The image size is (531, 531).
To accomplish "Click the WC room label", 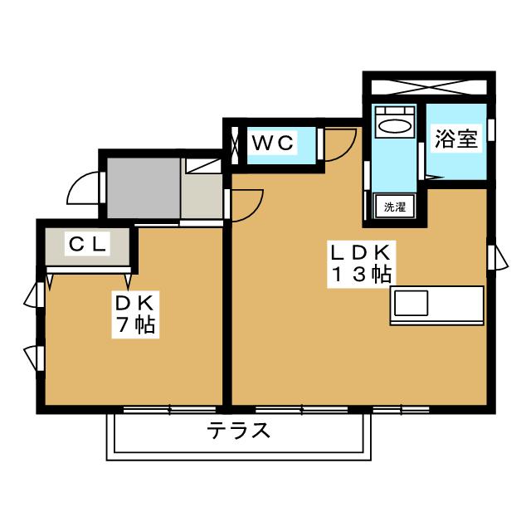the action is [273, 143].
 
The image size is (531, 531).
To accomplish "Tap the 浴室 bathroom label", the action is [456, 139].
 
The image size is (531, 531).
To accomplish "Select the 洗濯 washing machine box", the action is [394, 207].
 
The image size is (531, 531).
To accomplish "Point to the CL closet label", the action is [86, 244].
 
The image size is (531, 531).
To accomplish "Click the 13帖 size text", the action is [361, 276].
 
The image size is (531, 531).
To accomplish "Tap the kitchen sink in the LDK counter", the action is [410, 305].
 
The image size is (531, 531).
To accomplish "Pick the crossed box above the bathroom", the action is [428, 86].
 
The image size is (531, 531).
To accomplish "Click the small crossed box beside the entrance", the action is [202, 162].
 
